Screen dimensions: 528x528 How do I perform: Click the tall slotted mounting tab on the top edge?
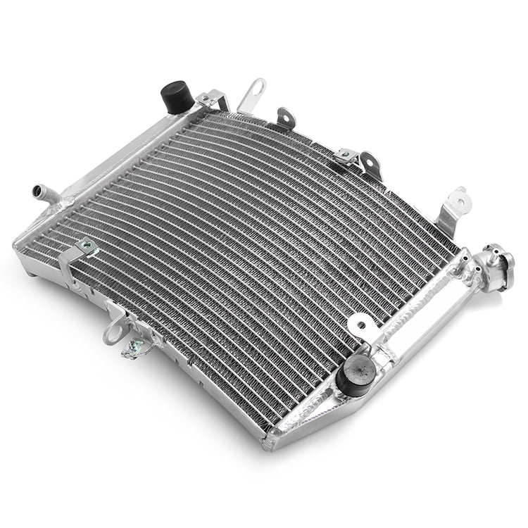point(253,95)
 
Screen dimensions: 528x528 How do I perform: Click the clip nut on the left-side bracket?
point(88,246)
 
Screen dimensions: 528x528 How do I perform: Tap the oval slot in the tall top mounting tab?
point(256,89)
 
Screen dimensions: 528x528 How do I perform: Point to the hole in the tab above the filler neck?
point(460,199)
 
